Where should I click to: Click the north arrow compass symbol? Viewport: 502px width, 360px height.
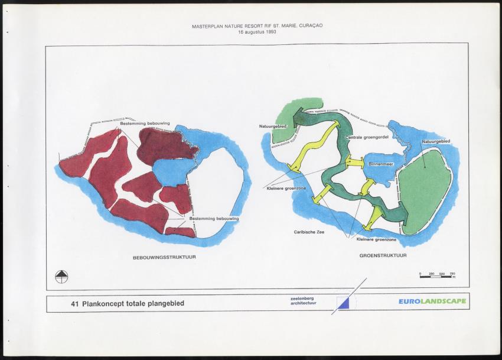(x=61, y=276)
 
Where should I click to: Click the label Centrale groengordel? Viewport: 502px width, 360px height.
(x=363, y=137)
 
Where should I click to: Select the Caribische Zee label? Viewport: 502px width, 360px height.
(x=309, y=232)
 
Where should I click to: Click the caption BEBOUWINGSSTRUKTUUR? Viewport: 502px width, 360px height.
(x=164, y=258)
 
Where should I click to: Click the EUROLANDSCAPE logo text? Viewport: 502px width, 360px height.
(x=432, y=301)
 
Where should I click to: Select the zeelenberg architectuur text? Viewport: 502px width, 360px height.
(x=304, y=301)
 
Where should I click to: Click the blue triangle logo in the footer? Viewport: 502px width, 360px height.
(x=343, y=303)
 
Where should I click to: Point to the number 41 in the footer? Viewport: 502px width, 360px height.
(x=74, y=303)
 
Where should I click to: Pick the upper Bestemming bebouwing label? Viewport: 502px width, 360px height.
(x=145, y=123)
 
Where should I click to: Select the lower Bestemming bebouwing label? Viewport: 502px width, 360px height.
(x=213, y=218)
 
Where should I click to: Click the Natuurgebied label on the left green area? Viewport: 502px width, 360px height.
(x=273, y=127)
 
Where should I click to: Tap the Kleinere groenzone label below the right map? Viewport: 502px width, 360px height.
(x=376, y=239)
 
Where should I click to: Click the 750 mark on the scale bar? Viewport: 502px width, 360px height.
(x=452, y=274)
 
